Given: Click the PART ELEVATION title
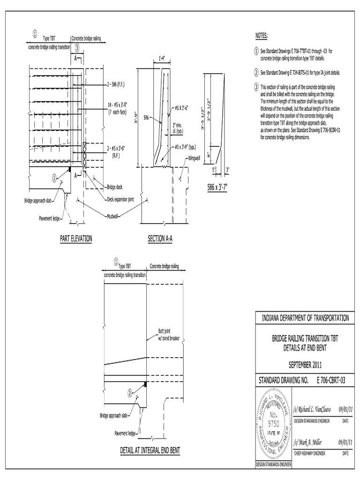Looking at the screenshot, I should pos(76,239).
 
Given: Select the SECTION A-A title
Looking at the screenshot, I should pos(160,239).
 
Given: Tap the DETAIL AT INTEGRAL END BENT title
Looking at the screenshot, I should pos(150,450).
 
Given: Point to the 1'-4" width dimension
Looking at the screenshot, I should pos(163,58).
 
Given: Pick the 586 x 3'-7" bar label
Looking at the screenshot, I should pos(217,187).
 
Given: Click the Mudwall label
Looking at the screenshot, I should pos(112,217).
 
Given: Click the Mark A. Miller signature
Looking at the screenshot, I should pos(307,442).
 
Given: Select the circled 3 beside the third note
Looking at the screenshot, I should pos(256,87).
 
